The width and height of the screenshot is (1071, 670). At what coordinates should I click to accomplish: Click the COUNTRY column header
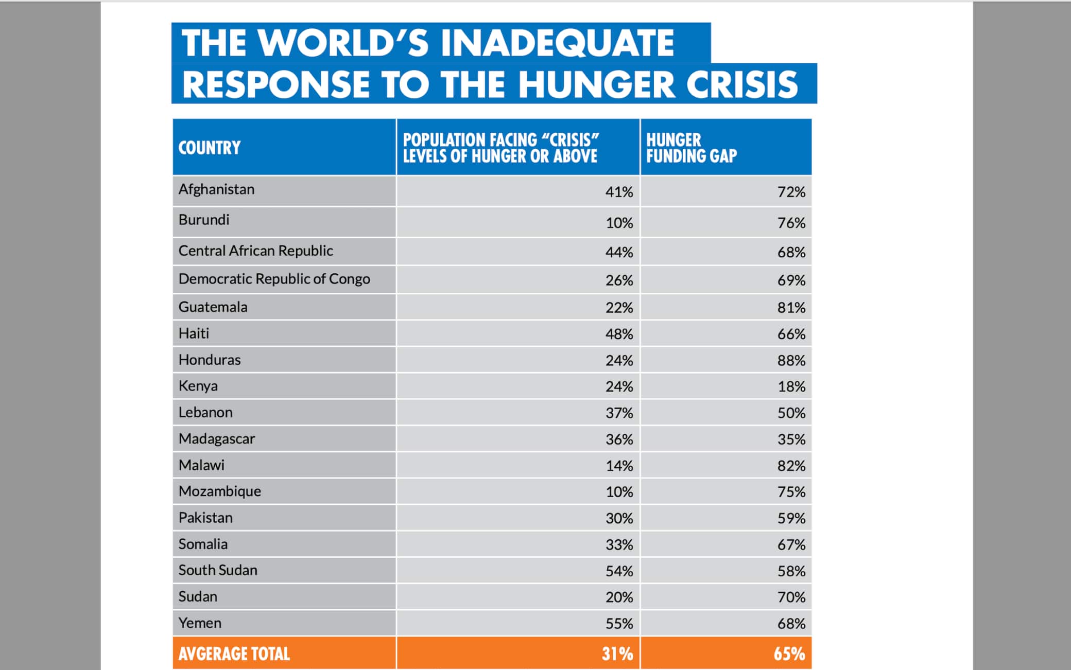pyautogui.click(x=210, y=148)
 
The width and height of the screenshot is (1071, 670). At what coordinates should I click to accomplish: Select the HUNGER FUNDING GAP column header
pyautogui.click(x=691, y=148)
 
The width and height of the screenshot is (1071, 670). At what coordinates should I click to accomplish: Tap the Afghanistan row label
pyautogui.click(x=216, y=189)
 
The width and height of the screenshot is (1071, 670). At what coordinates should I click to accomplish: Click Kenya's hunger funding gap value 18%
pyautogui.click(x=791, y=386)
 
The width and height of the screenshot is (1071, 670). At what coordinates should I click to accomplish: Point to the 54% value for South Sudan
pyautogui.click(x=619, y=571)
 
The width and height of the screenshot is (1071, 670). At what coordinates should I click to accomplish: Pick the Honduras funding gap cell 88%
pyautogui.click(x=791, y=360)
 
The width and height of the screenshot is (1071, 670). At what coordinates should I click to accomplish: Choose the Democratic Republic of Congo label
pyautogui.click(x=274, y=279)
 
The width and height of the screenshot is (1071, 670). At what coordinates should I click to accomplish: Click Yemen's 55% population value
pyautogui.click(x=619, y=624)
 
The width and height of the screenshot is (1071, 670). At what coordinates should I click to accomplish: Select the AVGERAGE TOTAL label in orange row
pyautogui.click(x=234, y=654)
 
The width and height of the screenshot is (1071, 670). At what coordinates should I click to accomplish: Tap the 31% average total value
pyautogui.click(x=617, y=654)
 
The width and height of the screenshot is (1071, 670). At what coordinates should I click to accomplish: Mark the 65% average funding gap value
pyautogui.click(x=789, y=654)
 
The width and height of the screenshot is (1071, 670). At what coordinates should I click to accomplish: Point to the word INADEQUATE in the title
pyautogui.click(x=557, y=42)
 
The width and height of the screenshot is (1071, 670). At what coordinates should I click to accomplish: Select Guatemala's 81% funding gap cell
pyautogui.click(x=791, y=308)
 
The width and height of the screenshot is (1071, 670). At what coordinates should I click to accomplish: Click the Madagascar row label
pyautogui.click(x=217, y=439)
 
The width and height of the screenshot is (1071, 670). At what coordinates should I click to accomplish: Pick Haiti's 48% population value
pyautogui.click(x=619, y=334)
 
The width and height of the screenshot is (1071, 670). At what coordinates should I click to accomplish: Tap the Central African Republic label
pyautogui.click(x=255, y=251)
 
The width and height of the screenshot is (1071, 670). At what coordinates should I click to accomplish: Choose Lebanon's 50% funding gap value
pyautogui.click(x=791, y=413)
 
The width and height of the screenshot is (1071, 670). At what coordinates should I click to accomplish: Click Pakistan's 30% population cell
pyautogui.click(x=619, y=518)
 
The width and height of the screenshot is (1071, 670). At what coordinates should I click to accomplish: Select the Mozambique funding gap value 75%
pyautogui.click(x=791, y=492)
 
